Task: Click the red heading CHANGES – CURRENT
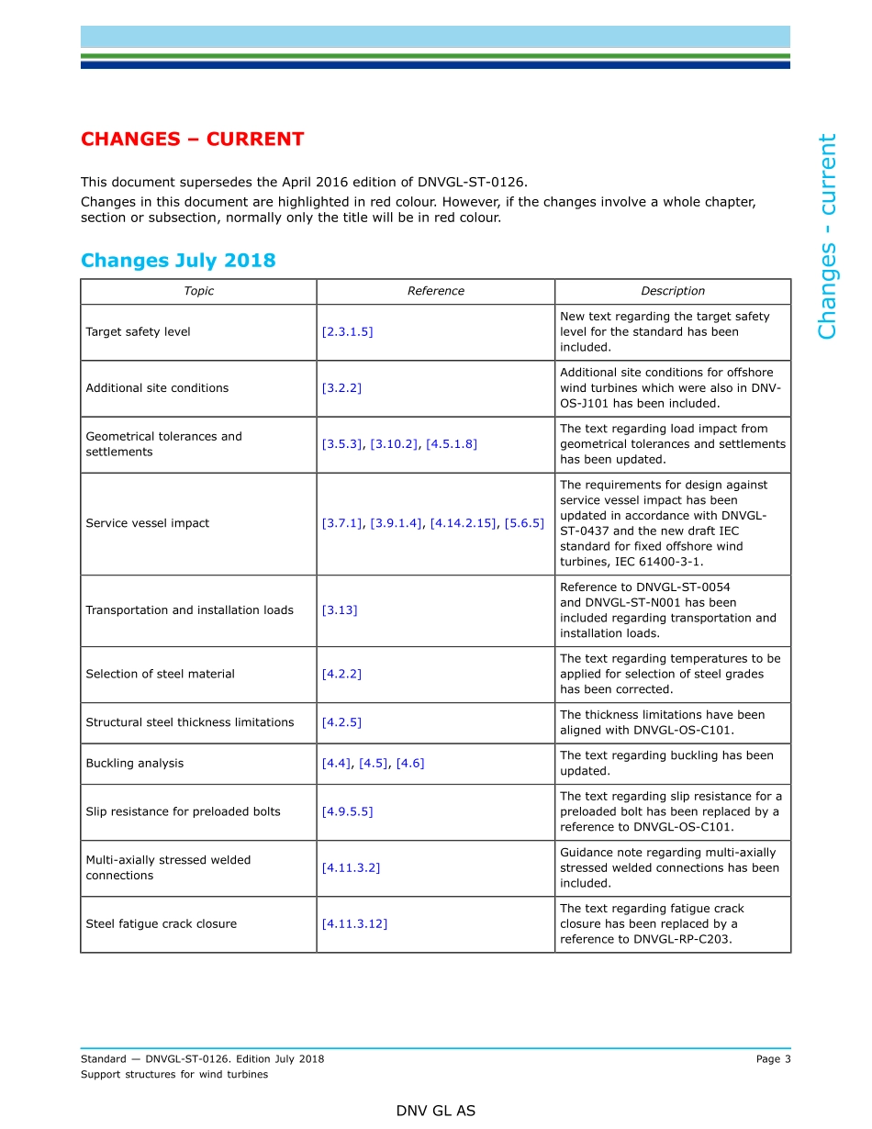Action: (192, 140)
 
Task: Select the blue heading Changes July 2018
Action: (178, 260)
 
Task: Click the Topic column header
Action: (198, 291)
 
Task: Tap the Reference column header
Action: (435, 291)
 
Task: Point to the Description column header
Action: (672, 291)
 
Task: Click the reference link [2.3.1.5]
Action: (347, 332)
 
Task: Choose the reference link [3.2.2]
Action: (341, 388)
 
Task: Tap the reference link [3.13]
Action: (340, 610)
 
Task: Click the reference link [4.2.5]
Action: (341, 722)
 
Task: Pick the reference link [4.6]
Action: (410, 764)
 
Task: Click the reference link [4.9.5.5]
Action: (347, 811)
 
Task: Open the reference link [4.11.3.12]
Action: (354, 924)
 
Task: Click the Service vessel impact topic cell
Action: (148, 523)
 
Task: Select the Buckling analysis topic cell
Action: (135, 764)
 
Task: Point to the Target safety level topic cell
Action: (138, 332)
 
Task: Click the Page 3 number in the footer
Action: (773, 1059)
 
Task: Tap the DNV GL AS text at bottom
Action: (435, 1111)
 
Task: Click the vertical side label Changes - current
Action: (827, 237)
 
